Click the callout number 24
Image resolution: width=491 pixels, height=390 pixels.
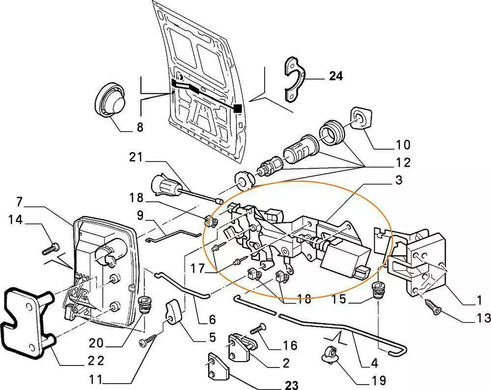[336, 76]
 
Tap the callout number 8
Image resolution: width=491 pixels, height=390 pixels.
[140, 128]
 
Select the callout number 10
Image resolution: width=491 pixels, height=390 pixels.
[403, 145]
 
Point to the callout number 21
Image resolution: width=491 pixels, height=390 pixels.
[136, 157]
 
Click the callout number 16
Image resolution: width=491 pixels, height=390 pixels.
[290, 346]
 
